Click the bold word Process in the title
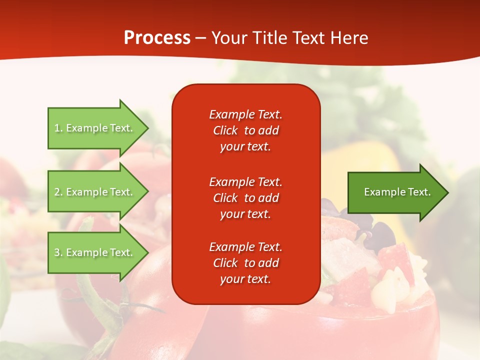click(x=157, y=38)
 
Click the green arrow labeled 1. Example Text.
click(x=95, y=128)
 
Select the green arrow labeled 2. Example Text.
click(x=95, y=192)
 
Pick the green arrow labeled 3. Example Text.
click(x=95, y=252)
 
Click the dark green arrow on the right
click(x=395, y=192)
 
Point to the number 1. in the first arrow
click(x=58, y=128)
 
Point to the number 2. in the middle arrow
click(x=58, y=192)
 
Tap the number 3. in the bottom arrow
click(x=58, y=252)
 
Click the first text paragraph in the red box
click(x=245, y=130)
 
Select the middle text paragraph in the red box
click(x=245, y=198)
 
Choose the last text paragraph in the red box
click(x=245, y=263)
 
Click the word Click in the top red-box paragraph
click(x=225, y=130)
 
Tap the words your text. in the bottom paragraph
click(x=245, y=279)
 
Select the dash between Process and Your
click(x=200, y=38)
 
